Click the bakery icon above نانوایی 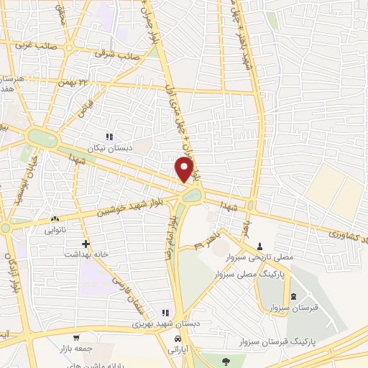tap(55, 218)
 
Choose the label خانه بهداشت tap(86, 254)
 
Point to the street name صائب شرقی tap(119, 54)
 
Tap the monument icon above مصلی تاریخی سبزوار tap(259, 247)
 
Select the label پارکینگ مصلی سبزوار tap(249, 275)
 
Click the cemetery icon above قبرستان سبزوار tap(293, 296)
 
